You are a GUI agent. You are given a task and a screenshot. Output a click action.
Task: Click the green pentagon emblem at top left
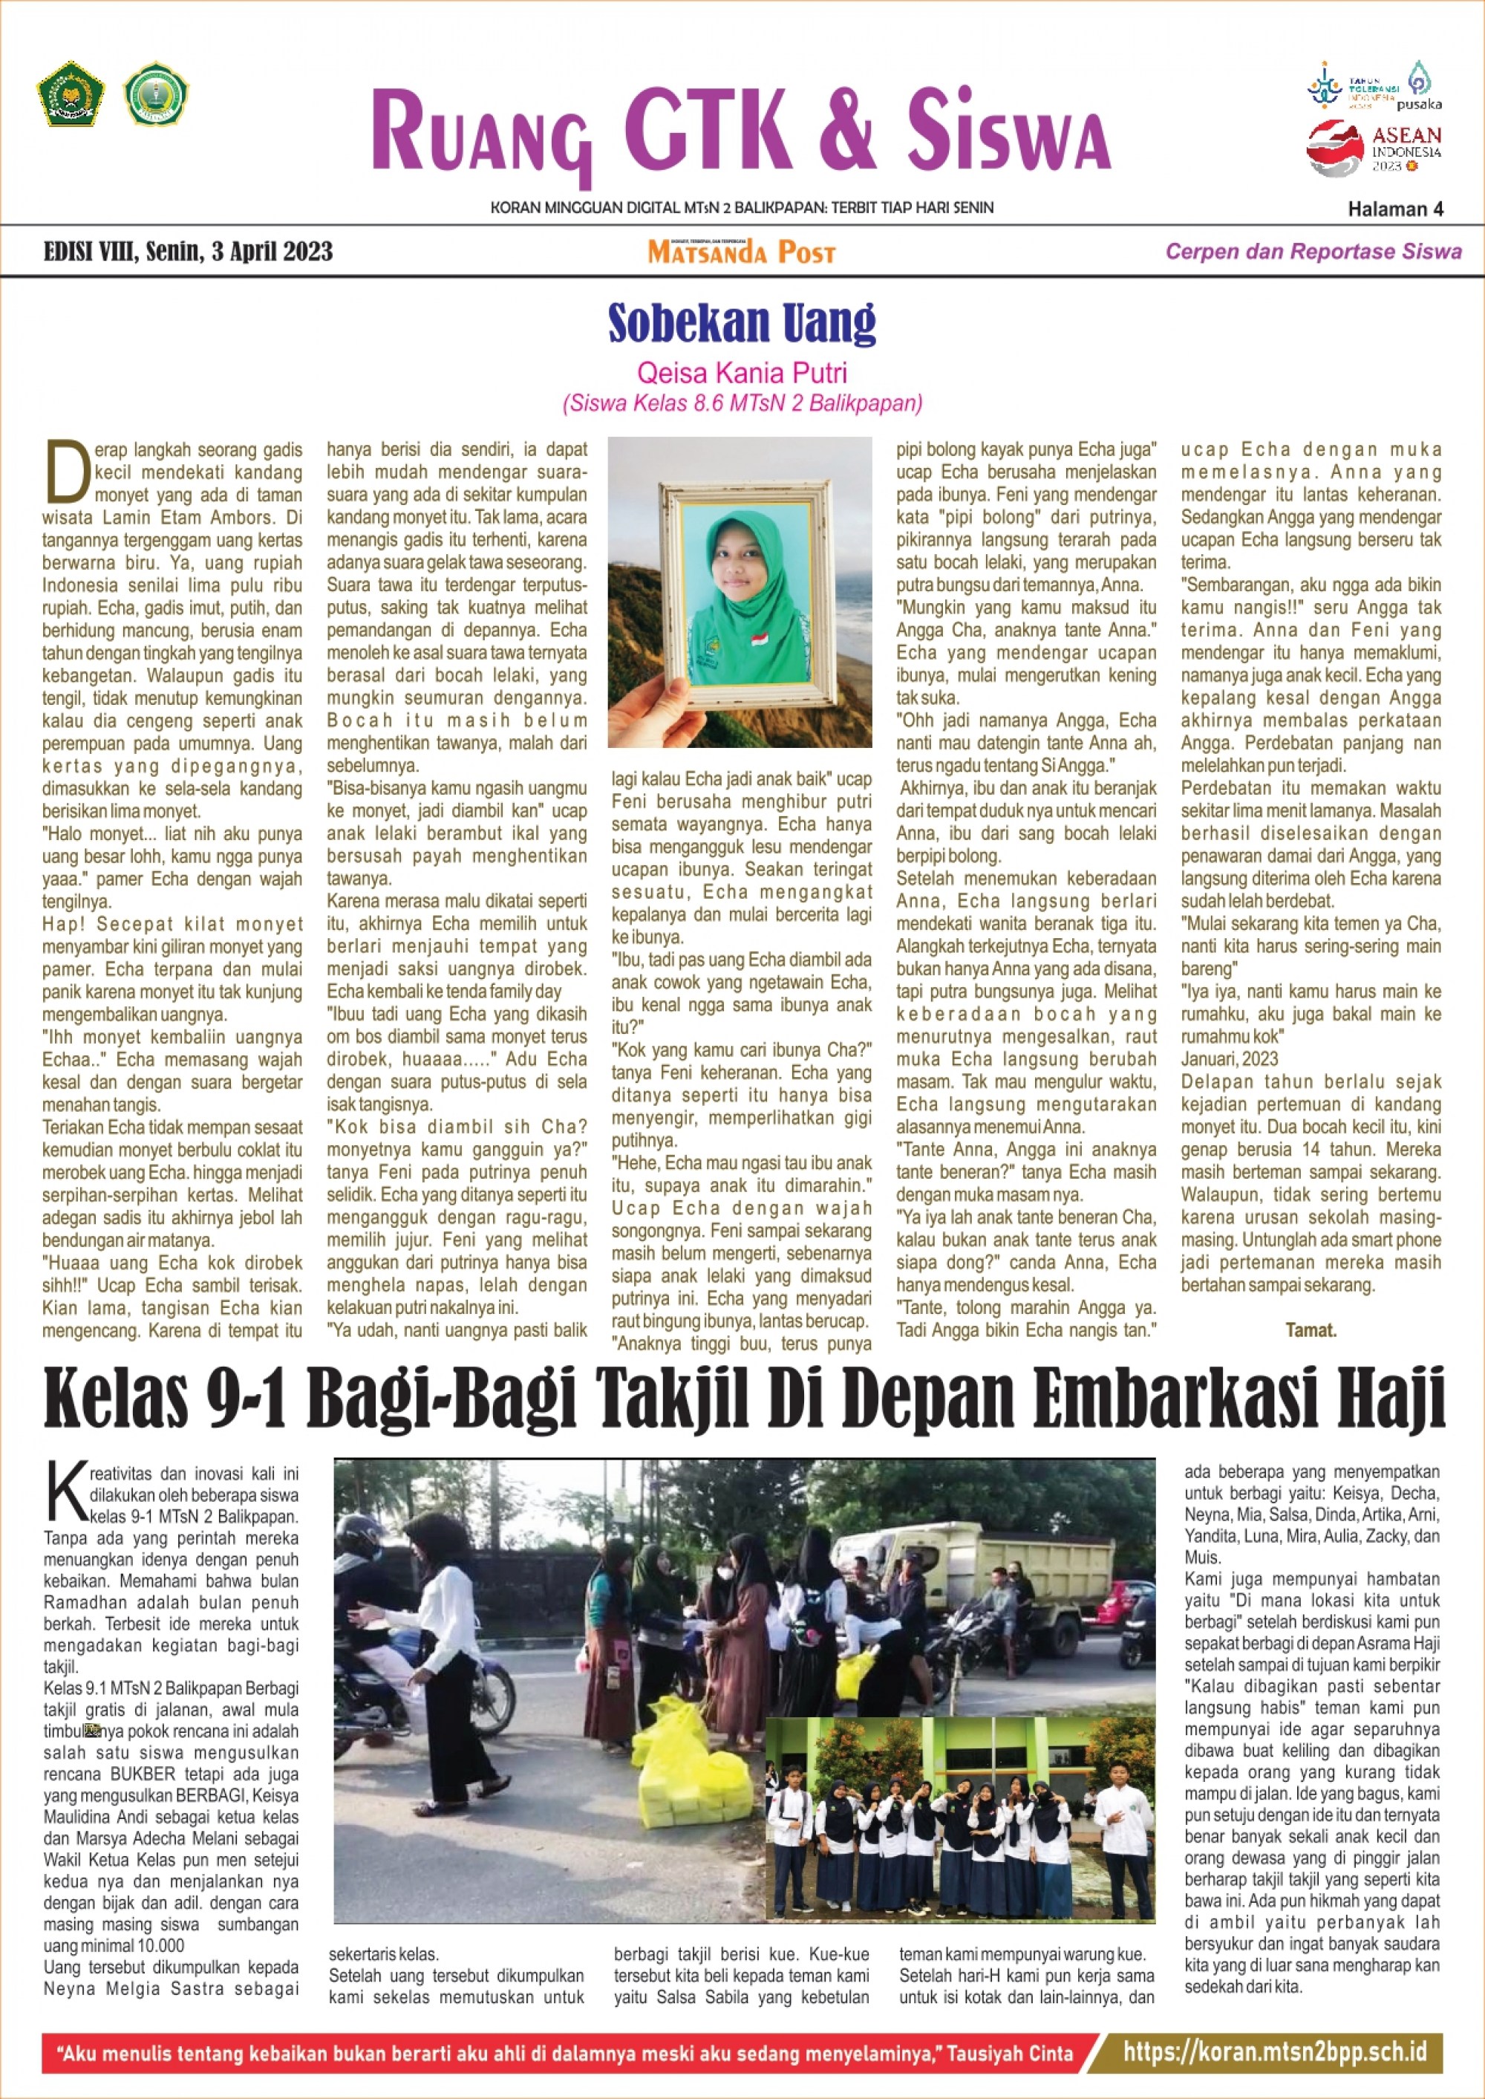pyautogui.click(x=71, y=94)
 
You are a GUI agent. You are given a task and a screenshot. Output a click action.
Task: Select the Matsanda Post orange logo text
pyautogui.click(x=741, y=253)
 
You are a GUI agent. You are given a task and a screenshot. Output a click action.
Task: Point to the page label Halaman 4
pyautogui.click(x=1394, y=209)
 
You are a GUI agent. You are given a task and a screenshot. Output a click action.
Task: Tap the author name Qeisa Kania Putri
pyautogui.click(x=742, y=373)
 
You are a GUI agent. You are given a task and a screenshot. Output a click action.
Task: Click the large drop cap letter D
pyautogui.click(x=67, y=471)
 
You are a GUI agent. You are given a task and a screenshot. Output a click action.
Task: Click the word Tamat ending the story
pyautogui.click(x=1311, y=1330)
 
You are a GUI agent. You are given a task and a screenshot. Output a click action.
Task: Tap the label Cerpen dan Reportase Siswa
pyautogui.click(x=1313, y=252)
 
